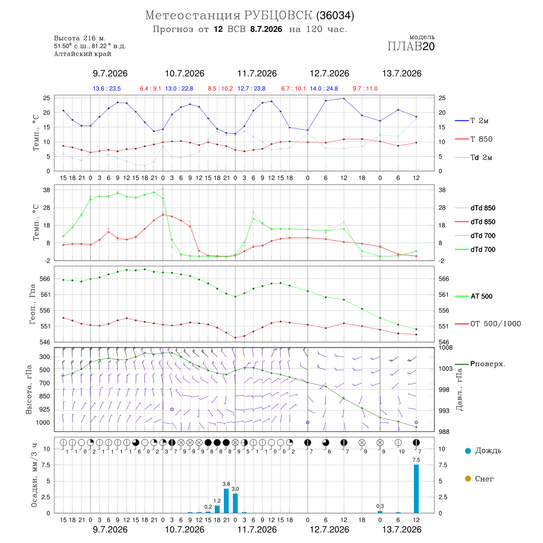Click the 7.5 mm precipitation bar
pos(416,489)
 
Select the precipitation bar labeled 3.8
pos(226,501)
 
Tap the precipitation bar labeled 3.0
pos(235,503)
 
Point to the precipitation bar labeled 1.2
pos(217,509)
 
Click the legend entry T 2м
pos(472,121)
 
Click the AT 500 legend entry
pos(474,296)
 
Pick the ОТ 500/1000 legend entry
pos(487,324)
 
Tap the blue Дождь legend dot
pos(468,451)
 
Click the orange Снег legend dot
pos(468,478)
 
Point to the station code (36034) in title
pos(335,16)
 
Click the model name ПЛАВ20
pos(411,46)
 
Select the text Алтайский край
pos(83,54)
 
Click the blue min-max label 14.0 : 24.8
pos(324,89)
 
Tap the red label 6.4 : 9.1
pos(150,89)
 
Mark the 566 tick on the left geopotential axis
pos(45,279)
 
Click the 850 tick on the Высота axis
pos(44,396)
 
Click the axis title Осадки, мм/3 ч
pos(34,475)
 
